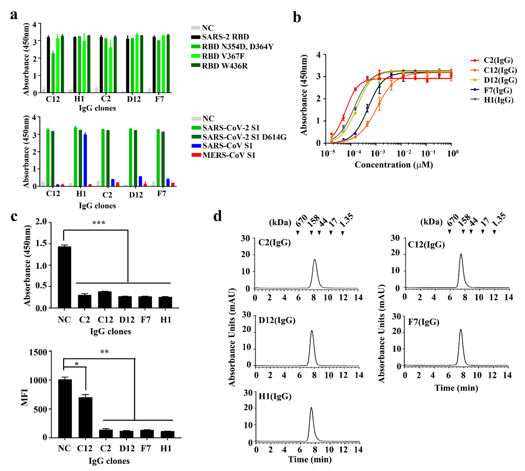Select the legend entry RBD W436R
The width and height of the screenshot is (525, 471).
(225, 66)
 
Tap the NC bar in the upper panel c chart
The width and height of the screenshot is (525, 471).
(64, 277)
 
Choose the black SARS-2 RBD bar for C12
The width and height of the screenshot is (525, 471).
(48, 65)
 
